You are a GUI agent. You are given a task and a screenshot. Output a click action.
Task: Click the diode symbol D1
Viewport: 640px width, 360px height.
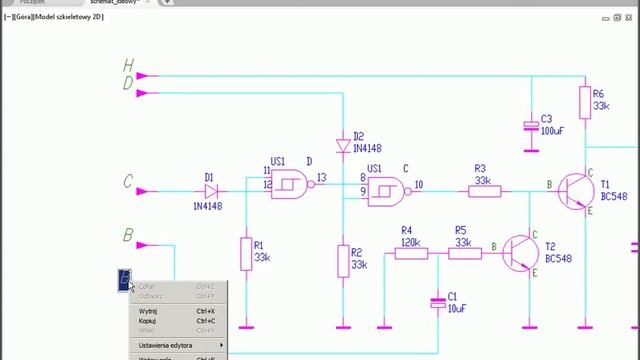click(x=210, y=190)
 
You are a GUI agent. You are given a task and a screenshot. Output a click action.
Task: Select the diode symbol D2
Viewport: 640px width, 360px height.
click(x=343, y=147)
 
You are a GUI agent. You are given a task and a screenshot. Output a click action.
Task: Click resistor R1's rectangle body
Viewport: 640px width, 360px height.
click(x=245, y=254)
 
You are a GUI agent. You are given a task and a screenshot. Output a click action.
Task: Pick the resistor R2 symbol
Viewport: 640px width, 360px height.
click(x=343, y=259)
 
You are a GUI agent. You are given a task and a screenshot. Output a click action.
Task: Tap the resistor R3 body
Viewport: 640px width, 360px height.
click(x=482, y=190)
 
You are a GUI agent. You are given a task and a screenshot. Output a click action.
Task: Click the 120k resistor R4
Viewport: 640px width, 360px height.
click(x=409, y=253)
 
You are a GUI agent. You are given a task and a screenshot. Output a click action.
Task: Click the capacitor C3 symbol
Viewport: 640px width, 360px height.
click(x=532, y=125)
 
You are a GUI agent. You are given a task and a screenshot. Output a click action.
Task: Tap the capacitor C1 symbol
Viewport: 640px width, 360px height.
click(x=437, y=301)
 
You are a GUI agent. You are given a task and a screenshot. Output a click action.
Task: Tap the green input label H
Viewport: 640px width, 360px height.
click(x=128, y=66)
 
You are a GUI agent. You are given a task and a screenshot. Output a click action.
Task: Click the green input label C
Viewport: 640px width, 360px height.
click(x=127, y=182)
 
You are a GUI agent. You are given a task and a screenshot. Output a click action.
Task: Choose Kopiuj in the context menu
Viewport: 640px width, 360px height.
click(x=148, y=321)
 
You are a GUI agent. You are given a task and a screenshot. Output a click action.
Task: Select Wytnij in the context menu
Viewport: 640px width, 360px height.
click(x=148, y=311)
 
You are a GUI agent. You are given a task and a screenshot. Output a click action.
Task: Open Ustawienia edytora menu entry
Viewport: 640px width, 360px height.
click(x=166, y=345)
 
